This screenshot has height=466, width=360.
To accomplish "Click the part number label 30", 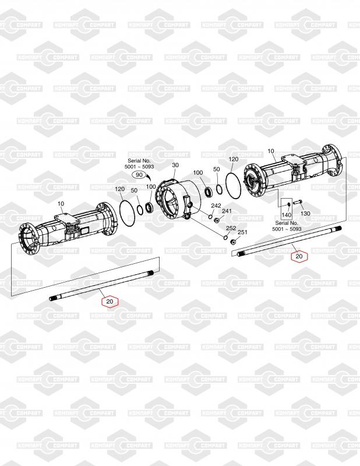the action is tap(175, 165).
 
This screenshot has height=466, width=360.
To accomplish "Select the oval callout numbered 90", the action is tap(139, 175).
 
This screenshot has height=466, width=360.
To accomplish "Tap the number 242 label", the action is tap(216, 206).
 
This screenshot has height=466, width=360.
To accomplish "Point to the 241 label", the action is tap(227, 211).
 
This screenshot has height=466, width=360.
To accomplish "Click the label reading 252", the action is tap(231, 228).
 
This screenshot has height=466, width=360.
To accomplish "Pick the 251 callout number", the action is tap(242, 232).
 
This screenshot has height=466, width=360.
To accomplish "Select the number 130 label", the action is tap(305, 213).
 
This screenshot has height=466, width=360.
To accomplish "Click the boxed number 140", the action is tap(286, 214).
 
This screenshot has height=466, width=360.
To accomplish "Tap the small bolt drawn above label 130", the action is tap(297, 202).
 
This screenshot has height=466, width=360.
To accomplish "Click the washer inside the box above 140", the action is tap(289, 204).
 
